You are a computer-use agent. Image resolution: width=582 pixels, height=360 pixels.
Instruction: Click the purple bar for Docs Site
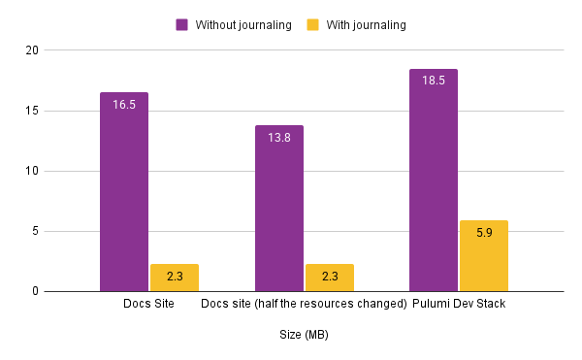(124, 194)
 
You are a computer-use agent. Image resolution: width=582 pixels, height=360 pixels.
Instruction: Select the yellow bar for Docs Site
(175, 278)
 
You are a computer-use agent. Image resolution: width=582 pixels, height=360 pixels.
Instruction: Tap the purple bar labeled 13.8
(279, 210)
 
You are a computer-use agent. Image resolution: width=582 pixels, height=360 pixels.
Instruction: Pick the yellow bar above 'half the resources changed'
(330, 278)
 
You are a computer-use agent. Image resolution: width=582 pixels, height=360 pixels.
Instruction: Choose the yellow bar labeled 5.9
(484, 257)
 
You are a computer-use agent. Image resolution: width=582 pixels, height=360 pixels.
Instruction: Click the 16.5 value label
(124, 104)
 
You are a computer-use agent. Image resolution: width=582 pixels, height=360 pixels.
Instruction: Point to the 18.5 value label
(434, 81)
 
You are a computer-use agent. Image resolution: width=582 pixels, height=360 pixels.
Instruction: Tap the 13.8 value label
(279, 137)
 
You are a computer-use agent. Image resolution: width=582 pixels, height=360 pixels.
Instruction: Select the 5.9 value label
(484, 233)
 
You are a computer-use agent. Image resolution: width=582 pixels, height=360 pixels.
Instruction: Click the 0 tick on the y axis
(34, 291)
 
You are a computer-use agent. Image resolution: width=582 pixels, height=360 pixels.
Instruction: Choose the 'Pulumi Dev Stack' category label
(459, 305)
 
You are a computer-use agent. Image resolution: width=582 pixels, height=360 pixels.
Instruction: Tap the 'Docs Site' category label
(148, 305)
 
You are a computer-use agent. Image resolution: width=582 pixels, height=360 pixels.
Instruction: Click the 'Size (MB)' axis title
(304, 335)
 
